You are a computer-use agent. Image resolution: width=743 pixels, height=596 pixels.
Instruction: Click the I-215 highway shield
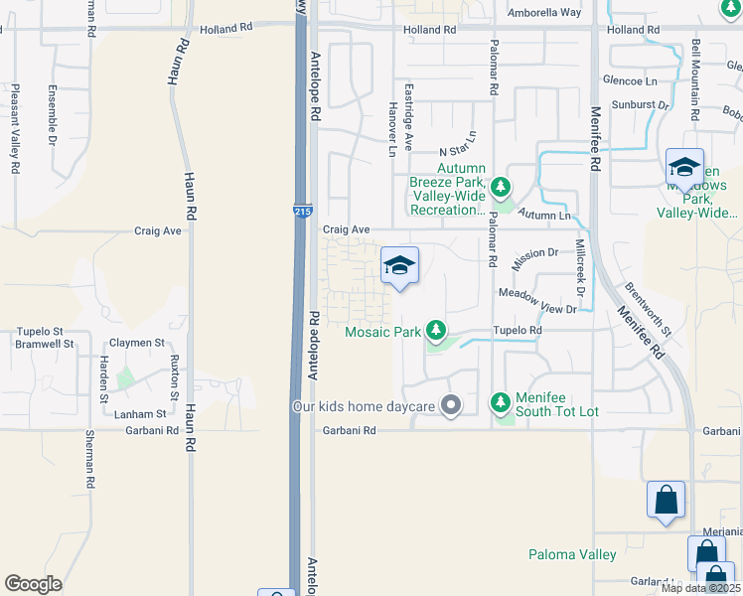[x=300, y=212]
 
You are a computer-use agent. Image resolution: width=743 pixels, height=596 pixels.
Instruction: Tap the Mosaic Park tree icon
[x=435, y=329]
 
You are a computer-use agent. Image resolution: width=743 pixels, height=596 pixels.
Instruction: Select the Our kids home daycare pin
[x=451, y=405]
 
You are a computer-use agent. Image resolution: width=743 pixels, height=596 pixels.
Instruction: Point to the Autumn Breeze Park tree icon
[x=502, y=186]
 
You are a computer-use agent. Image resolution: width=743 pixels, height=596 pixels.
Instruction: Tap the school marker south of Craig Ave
[x=399, y=265]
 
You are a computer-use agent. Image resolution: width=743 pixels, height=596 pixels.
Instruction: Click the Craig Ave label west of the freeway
[x=158, y=230]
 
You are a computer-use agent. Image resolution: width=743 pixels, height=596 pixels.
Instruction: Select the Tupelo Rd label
[x=521, y=330]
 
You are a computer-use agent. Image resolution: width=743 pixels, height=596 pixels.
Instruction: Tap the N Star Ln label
[x=458, y=151]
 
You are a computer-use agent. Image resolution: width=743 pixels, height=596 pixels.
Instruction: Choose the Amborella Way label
[x=543, y=12]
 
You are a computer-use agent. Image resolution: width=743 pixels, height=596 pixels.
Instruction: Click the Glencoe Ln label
[x=631, y=79]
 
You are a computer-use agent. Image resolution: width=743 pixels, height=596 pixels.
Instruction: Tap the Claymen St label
[x=137, y=343]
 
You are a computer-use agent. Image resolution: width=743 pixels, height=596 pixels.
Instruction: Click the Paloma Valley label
[x=571, y=554]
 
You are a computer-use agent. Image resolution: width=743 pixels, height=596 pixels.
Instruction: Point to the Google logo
[x=34, y=584]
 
